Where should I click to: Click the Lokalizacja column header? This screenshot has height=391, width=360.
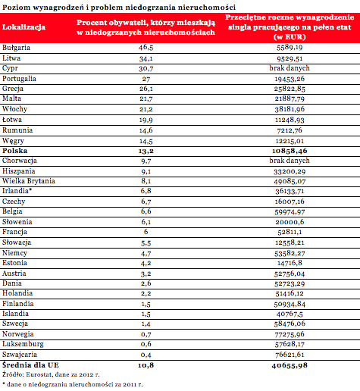[x=23, y=27]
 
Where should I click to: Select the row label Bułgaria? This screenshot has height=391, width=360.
[x=16, y=48]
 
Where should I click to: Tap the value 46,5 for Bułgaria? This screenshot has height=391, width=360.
[x=146, y=48]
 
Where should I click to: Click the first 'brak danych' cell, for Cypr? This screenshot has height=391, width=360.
[x=290, y=68]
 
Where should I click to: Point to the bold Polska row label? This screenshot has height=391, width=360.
[x=14, y=151]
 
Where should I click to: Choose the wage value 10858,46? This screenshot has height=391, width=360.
[x=290, y=151]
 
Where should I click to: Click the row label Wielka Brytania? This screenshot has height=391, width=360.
[x=29, y=181]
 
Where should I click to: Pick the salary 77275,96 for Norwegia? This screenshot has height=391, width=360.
[x=290, y=334]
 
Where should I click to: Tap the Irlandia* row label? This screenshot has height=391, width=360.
[x=17, y=191]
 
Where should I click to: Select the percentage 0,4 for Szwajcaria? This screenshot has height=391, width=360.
[x=146, y=355]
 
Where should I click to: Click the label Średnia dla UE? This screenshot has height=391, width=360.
[x=30, y=365]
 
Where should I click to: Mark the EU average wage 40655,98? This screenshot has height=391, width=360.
[x=290, y=365]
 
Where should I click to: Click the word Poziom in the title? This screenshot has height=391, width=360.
[x=17, y=8]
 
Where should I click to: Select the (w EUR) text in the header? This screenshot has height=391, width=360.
[x=290, y=37]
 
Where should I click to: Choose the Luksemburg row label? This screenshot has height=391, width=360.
[x=23, y=344]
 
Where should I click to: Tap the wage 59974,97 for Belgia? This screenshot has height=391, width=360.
[x=290, y=212]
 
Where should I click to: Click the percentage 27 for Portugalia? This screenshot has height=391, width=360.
[x=146, y=79]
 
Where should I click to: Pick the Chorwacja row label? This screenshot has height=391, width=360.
[x=20, y=161]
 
